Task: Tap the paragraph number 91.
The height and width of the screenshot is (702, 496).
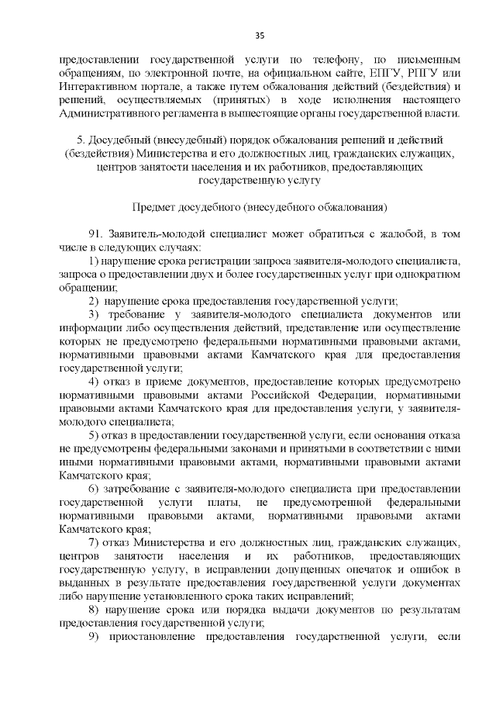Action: (x=96, y=234)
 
